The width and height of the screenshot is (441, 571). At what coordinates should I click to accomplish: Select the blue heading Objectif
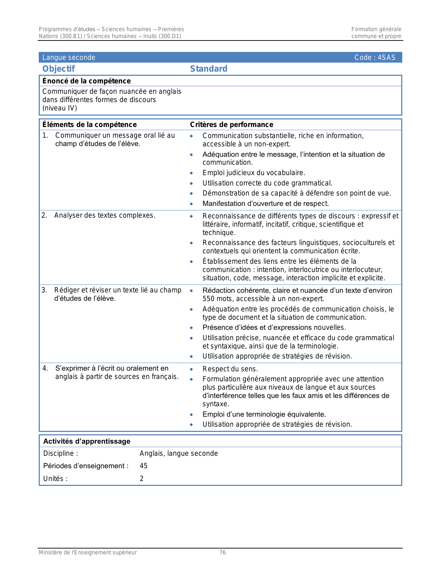click(x=58, y=69)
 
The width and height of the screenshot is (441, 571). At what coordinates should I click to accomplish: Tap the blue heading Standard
click(x=209, y=69)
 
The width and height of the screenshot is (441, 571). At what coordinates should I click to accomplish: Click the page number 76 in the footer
click(x=223, y=553)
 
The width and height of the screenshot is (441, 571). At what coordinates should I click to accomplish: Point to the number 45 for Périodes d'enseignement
click(x=144, y=466)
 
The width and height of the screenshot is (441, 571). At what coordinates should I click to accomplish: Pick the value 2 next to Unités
click(x=141, y=479)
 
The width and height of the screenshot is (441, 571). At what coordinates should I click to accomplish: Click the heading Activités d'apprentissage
click(x=86, y=441)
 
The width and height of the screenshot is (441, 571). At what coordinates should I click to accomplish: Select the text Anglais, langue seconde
click(x=178, y=453)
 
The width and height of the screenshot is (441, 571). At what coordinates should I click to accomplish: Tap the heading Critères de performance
click(x=231, y=125)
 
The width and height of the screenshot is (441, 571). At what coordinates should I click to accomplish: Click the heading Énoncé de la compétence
click(x=86, y=81)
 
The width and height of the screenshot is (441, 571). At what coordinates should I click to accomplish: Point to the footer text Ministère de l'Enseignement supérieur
click(x=88, y=553)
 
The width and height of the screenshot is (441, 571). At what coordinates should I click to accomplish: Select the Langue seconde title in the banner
click(x=68, y=57)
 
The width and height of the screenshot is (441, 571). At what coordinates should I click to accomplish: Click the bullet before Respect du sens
click(x=191, y=369)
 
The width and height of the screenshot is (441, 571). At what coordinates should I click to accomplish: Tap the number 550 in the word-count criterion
click(x=209, y=299)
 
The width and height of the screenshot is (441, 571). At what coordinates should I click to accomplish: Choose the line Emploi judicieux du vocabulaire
click(x=254, y=173)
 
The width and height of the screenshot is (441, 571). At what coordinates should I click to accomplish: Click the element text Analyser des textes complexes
click(x=104, y=215)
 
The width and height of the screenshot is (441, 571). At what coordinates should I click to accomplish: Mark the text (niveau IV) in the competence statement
click(x=59, y=108)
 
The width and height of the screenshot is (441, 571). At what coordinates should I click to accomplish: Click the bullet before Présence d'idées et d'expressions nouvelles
click(x=191, y=328)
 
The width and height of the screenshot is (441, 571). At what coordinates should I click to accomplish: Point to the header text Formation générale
click(x=376, y=29)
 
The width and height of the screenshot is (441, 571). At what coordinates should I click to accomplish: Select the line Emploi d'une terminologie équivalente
click(x=264, y=414)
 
